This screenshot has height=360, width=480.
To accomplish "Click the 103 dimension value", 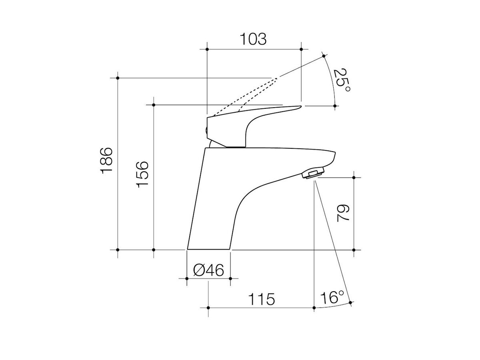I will pyautogui.click(x=253, y=39).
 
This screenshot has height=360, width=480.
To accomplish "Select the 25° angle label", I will pyautogui.click(x=342, y=80).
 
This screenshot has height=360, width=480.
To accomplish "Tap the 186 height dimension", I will pyautogui.click(x=107, y=160).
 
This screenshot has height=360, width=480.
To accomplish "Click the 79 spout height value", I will pyautogui.click(x=343, y=213).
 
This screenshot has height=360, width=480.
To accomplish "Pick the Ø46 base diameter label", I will pyautogui.click(x=208, y=271).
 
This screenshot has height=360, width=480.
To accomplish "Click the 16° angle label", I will pyautogui.click(x=332, y=298).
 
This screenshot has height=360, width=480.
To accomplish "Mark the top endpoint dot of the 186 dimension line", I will pyautogui.click(x=118, y=78).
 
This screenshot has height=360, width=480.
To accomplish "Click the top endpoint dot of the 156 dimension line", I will pyautogui.click(x=154, y=105).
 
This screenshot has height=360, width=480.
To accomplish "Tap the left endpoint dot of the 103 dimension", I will pyautogui.click(x=207, y=49).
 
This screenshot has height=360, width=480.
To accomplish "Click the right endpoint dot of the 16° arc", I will pyautogui.click(x=350, y=303).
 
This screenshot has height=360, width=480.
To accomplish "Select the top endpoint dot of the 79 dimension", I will pyautogui.click(x=354, y=177).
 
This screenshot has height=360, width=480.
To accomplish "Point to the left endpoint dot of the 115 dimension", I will pyautogui.click(x=208, y=308).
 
